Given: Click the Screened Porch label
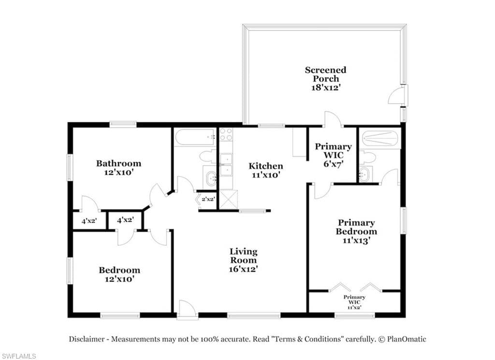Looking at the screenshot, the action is (x=325, y=75).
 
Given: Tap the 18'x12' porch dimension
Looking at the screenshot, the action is (x=325, y=88).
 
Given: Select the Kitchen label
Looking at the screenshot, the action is (x=266, y=166).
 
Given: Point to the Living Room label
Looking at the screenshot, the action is (x=244, y=255).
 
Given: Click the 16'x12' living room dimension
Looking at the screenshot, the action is (x=244, y=269).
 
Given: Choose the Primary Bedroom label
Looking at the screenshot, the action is (x=356, y=227).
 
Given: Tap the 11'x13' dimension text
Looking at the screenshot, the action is (x=356, y=240).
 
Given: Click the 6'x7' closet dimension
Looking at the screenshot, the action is (x=334, y=164).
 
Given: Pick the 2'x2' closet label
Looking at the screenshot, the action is (x=208, y=199).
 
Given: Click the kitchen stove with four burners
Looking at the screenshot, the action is (x=226, y=135).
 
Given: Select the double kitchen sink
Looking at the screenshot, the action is (x=226, y=165).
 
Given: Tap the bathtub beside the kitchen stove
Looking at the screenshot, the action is (x=195, y=137).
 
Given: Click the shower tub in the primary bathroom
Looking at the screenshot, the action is (x=381, y=138).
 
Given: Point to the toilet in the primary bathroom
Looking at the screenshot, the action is (x=367, y=157).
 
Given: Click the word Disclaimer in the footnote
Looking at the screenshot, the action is (x=87, y=339).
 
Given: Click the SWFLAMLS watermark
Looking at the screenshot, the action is (x=18, y=356).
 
